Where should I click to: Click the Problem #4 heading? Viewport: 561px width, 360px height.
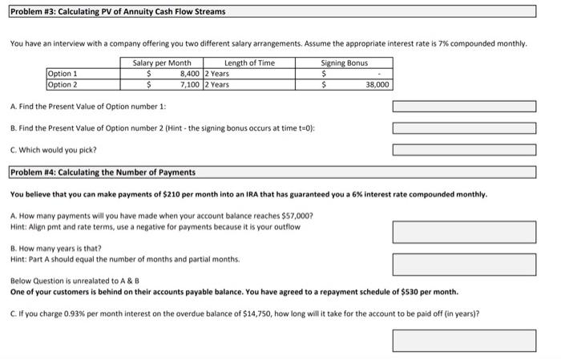coord(103,172)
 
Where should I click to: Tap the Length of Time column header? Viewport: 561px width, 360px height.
coord(249,63)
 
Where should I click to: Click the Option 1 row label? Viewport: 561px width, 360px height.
coord(63,74)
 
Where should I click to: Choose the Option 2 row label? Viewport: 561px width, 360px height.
coord(63,83)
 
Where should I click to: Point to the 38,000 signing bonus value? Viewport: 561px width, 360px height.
coord(377,83)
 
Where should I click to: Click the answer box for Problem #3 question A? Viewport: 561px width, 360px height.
coord(463,107)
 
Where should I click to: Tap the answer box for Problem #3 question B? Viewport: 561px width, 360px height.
coord(463,127)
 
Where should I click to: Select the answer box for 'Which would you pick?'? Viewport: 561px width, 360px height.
coord(463,148)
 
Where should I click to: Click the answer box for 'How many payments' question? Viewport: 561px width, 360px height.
coord(463,232)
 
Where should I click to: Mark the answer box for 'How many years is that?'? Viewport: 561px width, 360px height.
coord(463,264)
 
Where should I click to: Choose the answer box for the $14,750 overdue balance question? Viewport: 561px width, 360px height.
coord(463,340)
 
